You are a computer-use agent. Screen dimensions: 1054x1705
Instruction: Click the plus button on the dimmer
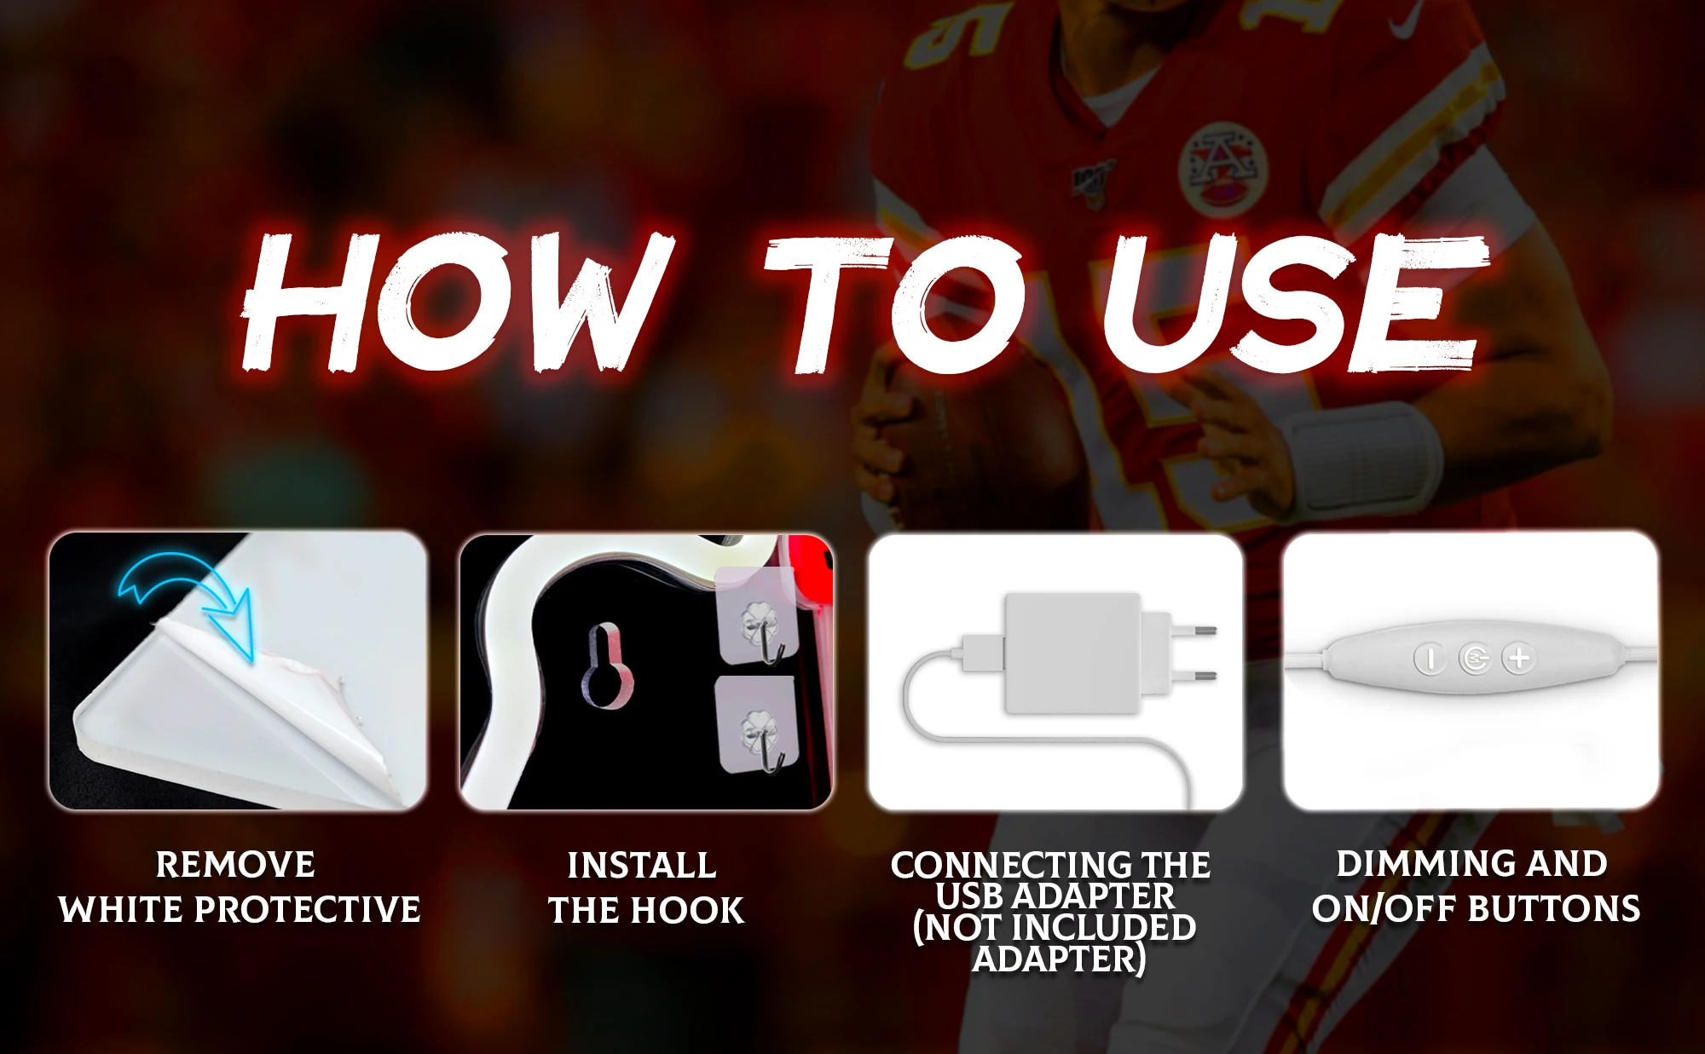1519,658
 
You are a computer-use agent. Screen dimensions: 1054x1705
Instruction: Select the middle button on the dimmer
1475,658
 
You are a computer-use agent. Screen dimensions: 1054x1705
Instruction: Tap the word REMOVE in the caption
235,865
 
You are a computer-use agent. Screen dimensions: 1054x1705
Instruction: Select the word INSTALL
642,866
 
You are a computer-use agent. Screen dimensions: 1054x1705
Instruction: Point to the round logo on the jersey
1222,167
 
